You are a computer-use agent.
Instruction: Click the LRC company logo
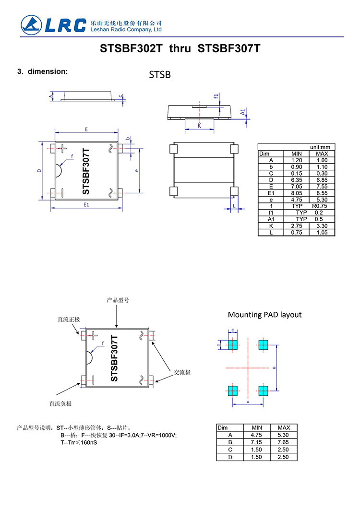(x=52, y=24)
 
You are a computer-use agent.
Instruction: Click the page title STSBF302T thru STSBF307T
(x=180, y=49)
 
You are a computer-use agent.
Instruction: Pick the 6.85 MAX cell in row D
(x=321, y=180)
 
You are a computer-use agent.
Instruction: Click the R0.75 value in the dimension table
(x=321, y=206)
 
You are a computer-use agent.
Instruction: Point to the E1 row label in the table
(x=271, y=193)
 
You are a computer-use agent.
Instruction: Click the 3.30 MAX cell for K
(x=321, y=225)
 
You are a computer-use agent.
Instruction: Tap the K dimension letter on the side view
(x=199, y=126)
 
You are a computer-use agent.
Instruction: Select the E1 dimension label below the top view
(x=87, y=205)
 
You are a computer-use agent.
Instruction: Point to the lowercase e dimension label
(x=137, y=170)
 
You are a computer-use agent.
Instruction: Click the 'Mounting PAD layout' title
(x=264, y=315)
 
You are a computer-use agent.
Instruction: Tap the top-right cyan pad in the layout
(x=263, y=344)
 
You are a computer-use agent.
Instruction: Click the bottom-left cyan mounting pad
(x=233, y=390)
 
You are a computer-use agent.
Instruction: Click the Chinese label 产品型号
(x=118, y=300)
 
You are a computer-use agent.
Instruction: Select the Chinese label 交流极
(x=182, y=372)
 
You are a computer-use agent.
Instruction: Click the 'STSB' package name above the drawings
(x=160, y=75)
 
